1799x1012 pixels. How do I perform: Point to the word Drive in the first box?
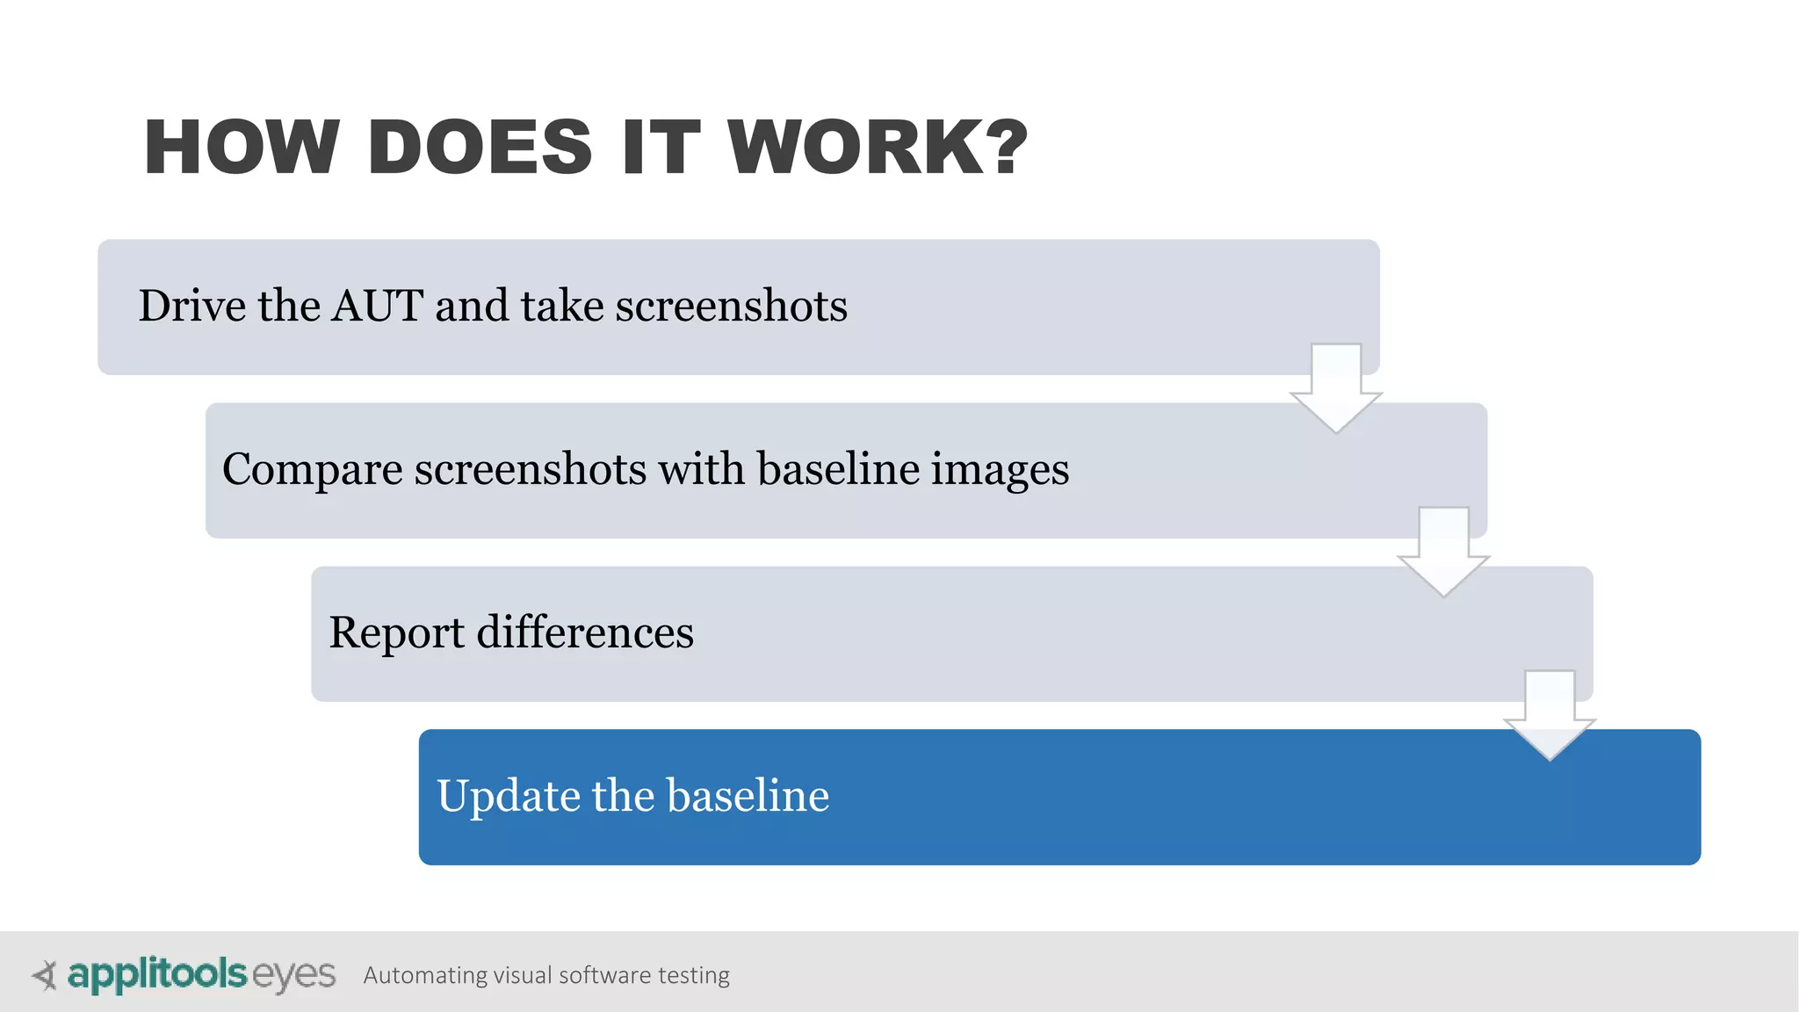191,306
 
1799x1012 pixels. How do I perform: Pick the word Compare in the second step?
313,470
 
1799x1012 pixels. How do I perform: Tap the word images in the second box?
1000,470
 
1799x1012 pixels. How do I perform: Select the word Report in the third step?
396,633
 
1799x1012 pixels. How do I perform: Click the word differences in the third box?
585,632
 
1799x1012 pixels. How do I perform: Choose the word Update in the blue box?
508,797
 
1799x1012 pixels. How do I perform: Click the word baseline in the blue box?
748,796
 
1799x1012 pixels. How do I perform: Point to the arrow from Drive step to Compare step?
1336,387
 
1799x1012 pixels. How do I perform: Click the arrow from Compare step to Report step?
1443,551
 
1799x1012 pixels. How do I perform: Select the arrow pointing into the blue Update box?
1550,714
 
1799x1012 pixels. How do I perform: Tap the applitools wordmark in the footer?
157,974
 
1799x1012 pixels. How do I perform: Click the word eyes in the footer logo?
293,975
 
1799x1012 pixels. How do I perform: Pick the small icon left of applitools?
45,975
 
